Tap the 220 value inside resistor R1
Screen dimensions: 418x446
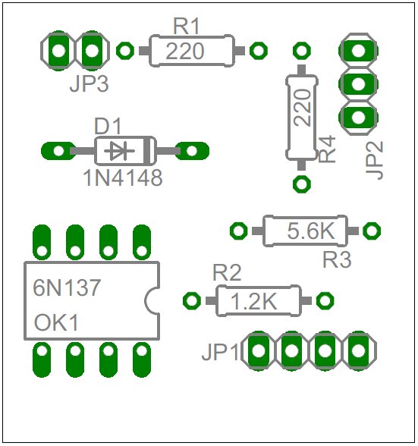[185, 52]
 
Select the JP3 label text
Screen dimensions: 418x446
[89, 84]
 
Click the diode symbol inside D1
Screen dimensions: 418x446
[119, 151]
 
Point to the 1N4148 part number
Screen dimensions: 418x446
[123, 178]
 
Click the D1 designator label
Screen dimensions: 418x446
[108, 126]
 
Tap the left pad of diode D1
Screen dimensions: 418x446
[58, 151]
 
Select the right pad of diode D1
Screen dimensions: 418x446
[192, 151]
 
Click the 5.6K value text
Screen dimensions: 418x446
[311, 231]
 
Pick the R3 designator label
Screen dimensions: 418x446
[337, 259]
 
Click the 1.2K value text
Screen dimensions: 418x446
[253, 301]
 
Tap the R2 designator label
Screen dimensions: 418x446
[227, 272]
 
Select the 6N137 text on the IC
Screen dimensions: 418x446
[67, 287]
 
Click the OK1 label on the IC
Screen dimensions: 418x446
[56, 322]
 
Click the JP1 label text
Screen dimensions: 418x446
[221, 353]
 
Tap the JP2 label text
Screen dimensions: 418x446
[375, 160]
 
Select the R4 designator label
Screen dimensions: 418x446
[327, 149]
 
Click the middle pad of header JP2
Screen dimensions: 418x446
[358, 84]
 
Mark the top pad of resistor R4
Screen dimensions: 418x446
[302, 51]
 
